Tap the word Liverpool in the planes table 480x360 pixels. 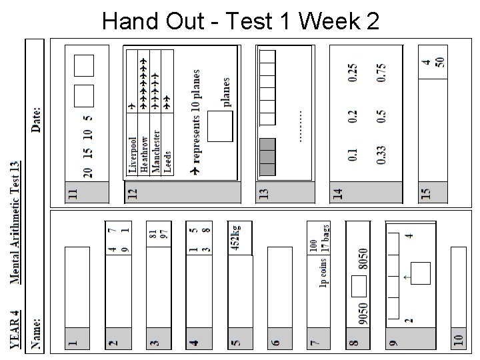pos(131,155)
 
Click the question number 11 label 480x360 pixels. pos(73,193)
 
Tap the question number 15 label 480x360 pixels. pos(426,193)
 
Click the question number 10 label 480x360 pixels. pos(457,340)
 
